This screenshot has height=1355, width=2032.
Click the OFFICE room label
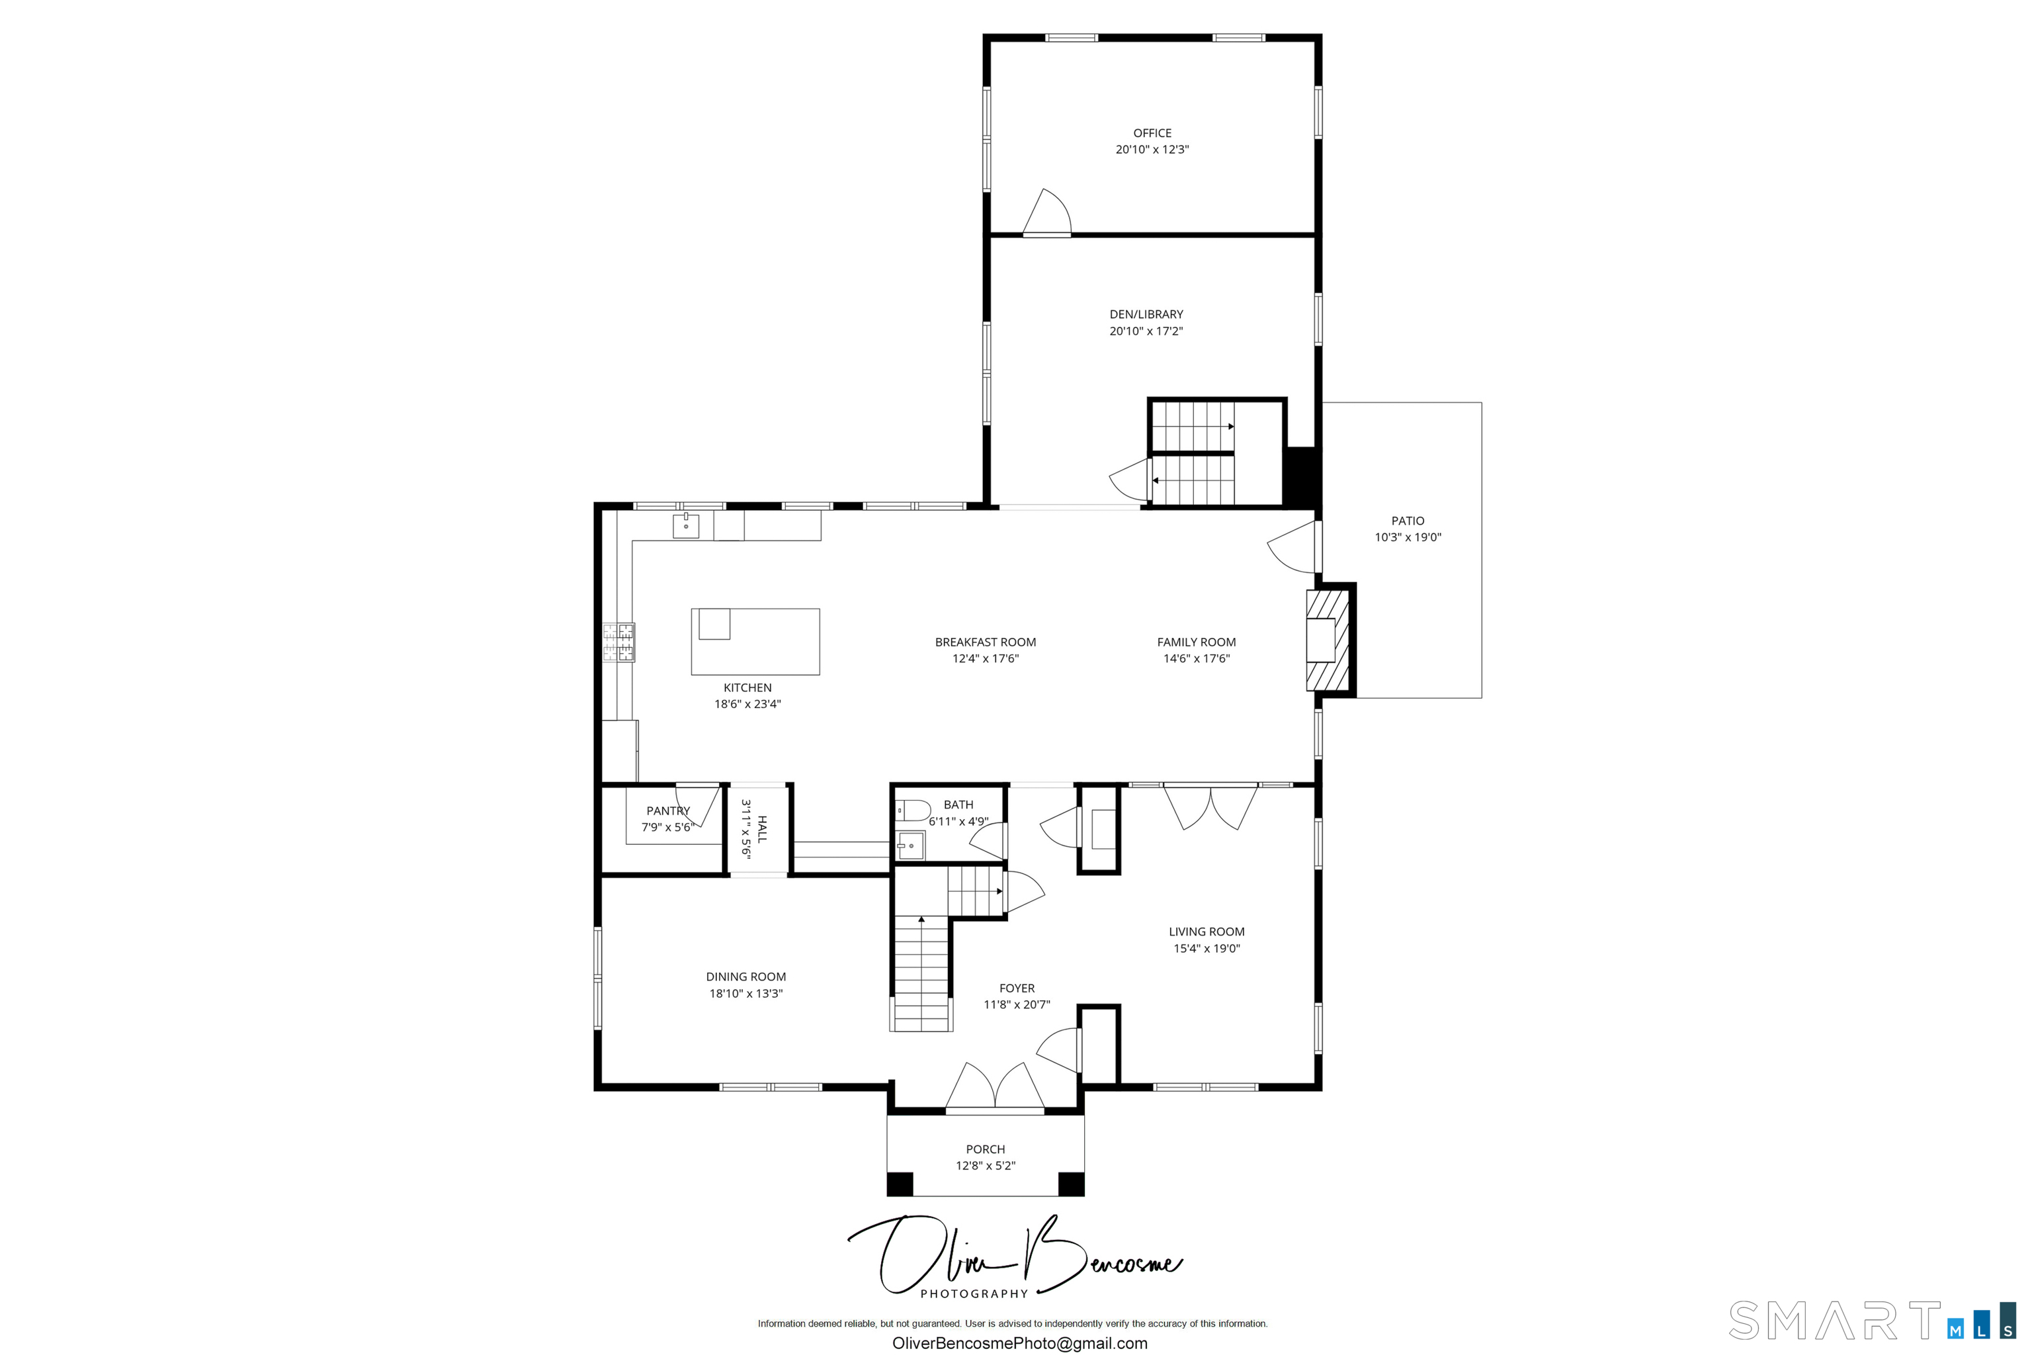(1152, 133)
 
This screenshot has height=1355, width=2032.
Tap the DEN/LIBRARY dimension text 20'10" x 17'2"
(1146, 331)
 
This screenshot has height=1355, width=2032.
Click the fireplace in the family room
(1328, 640)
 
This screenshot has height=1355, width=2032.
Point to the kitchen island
(755, 641)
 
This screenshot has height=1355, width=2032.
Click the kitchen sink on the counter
(686, 525)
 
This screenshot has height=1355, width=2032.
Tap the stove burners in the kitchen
(618, 642)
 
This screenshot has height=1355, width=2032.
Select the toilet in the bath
(912, 810)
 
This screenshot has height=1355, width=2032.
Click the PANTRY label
(668, 810)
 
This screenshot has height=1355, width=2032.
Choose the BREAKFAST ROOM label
(985, 642)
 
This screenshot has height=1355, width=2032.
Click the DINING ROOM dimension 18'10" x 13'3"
(745, 994)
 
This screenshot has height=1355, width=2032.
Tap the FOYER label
(1017, 988)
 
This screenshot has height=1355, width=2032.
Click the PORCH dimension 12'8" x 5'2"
(985, 1166)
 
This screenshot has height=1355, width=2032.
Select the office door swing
(1047, 212)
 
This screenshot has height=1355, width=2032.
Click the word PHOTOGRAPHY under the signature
(974, 1293)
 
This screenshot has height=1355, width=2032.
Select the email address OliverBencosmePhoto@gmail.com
(1019, 1343)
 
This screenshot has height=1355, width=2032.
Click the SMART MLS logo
(1873, 1321)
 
